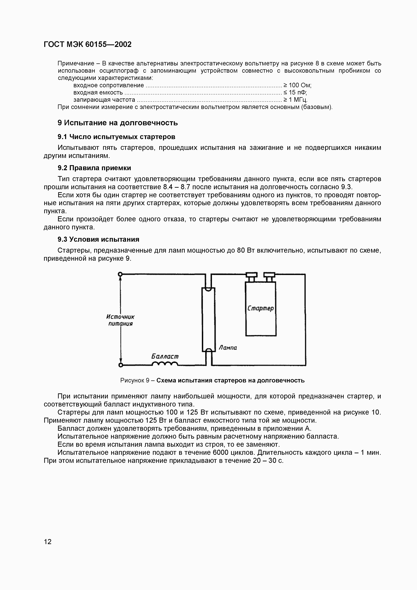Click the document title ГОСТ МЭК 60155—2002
88,44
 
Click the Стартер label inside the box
261,308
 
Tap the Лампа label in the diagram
228,348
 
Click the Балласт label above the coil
165,356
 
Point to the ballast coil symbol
165,364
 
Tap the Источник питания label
120,320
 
